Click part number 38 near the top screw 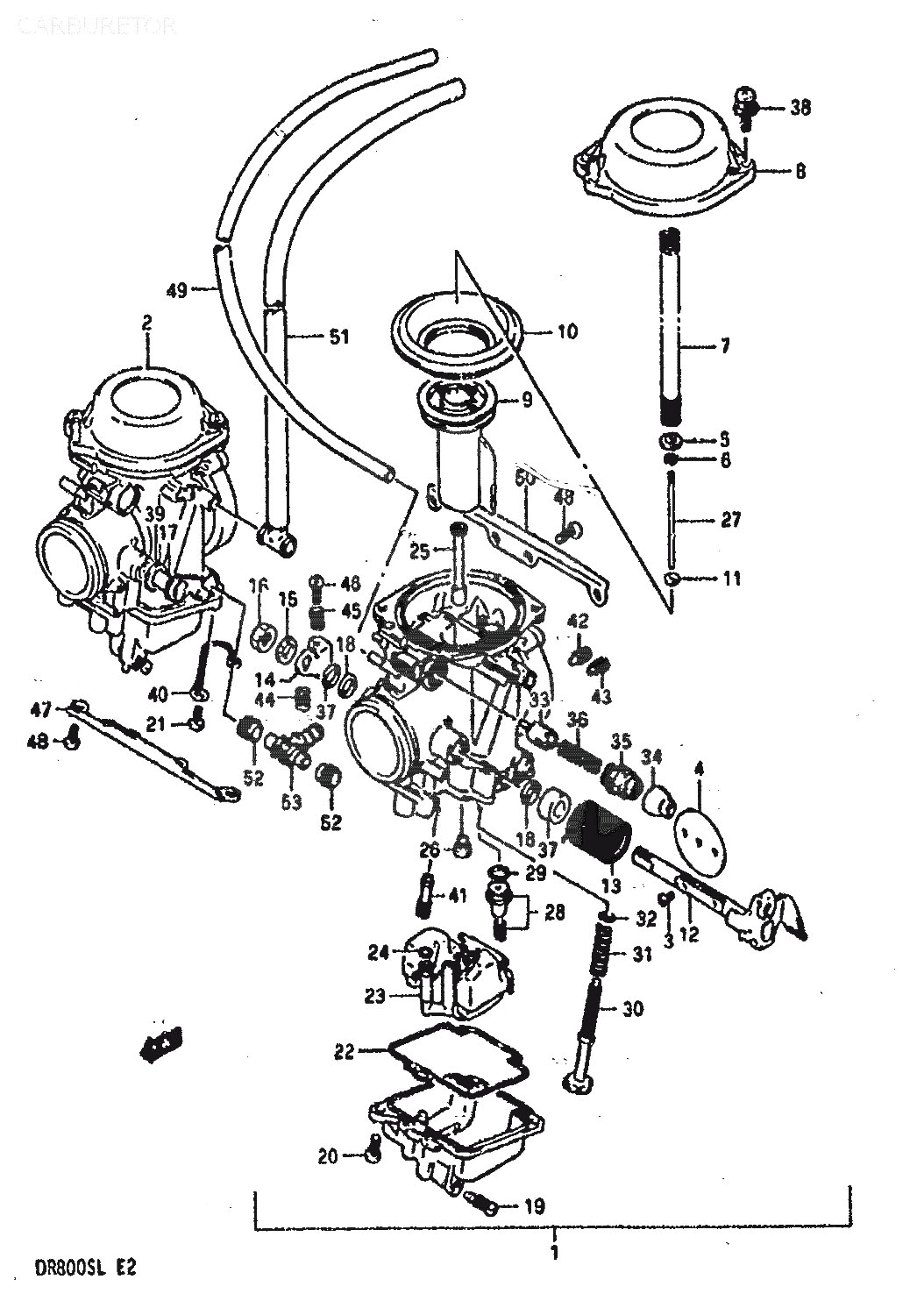pos(800,108)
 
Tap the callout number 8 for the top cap pos(801,173)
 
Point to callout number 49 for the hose pos(177,290)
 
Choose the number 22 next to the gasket pos(345,1051)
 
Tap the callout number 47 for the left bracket pos(41,708)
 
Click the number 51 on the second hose pos(338,336)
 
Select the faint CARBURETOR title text pos(96,25)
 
